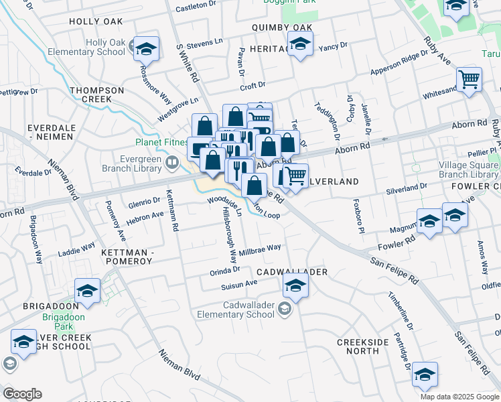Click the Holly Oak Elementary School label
coord(105,47)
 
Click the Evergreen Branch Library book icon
coord(173,161)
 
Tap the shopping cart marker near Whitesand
coord(469,79)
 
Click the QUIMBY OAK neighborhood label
coord(282,27)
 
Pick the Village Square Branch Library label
coord(469,170)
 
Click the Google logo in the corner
coord(22,393)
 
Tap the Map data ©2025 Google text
coord(459,397)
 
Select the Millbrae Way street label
coord(260,249)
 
